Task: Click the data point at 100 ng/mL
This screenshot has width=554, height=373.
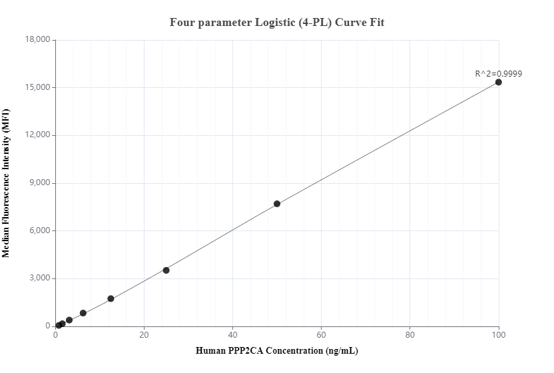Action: click(x=499, y=82)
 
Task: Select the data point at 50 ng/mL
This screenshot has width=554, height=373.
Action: click(x=277, y=204)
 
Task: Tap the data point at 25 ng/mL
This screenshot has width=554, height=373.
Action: click(x=166, y=270)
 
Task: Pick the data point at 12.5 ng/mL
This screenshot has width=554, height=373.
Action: click(x=111, y=298)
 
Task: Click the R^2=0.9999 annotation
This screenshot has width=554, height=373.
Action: click(x=498, y=74)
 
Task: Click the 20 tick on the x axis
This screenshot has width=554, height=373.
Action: click(x=144, y=335)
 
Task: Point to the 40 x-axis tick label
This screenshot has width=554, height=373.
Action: click(x=232, y=335)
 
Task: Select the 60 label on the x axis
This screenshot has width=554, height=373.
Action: click(x=322, y=335)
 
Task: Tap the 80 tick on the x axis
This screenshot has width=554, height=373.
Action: click(x=410, y=335)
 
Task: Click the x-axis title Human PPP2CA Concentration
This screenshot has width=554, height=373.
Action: click(x=276, y=350)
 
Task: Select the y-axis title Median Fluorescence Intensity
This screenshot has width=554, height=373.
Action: click(x=6, y=183)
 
